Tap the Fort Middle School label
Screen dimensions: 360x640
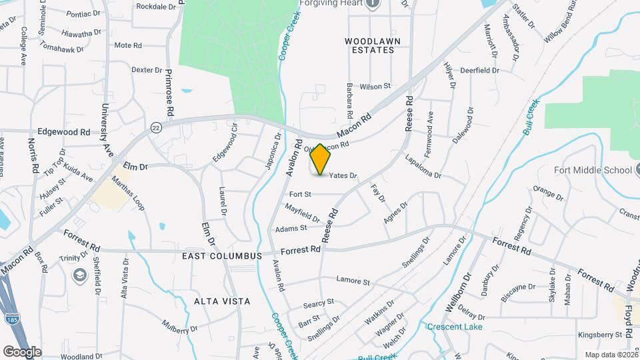[593, 170]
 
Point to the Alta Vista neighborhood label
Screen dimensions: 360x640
[222, 301]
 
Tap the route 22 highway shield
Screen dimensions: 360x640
[156, 127]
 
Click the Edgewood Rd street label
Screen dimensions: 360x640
[63, 132]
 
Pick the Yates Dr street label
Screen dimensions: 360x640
[343, 176]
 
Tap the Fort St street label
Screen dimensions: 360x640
[301, 194]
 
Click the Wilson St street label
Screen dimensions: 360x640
[375, 87]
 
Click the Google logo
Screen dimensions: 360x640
[22, 351]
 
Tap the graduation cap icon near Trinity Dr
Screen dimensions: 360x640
[80, 275]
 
